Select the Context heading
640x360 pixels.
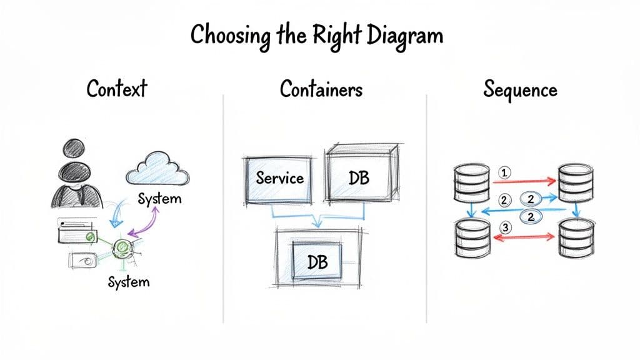117,89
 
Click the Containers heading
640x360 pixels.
321,89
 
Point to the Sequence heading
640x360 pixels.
519,89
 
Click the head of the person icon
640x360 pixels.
74,150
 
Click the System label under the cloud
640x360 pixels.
159,199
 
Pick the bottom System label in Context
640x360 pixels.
129,281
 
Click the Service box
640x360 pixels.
279,178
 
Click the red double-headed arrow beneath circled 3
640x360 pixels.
524,237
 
